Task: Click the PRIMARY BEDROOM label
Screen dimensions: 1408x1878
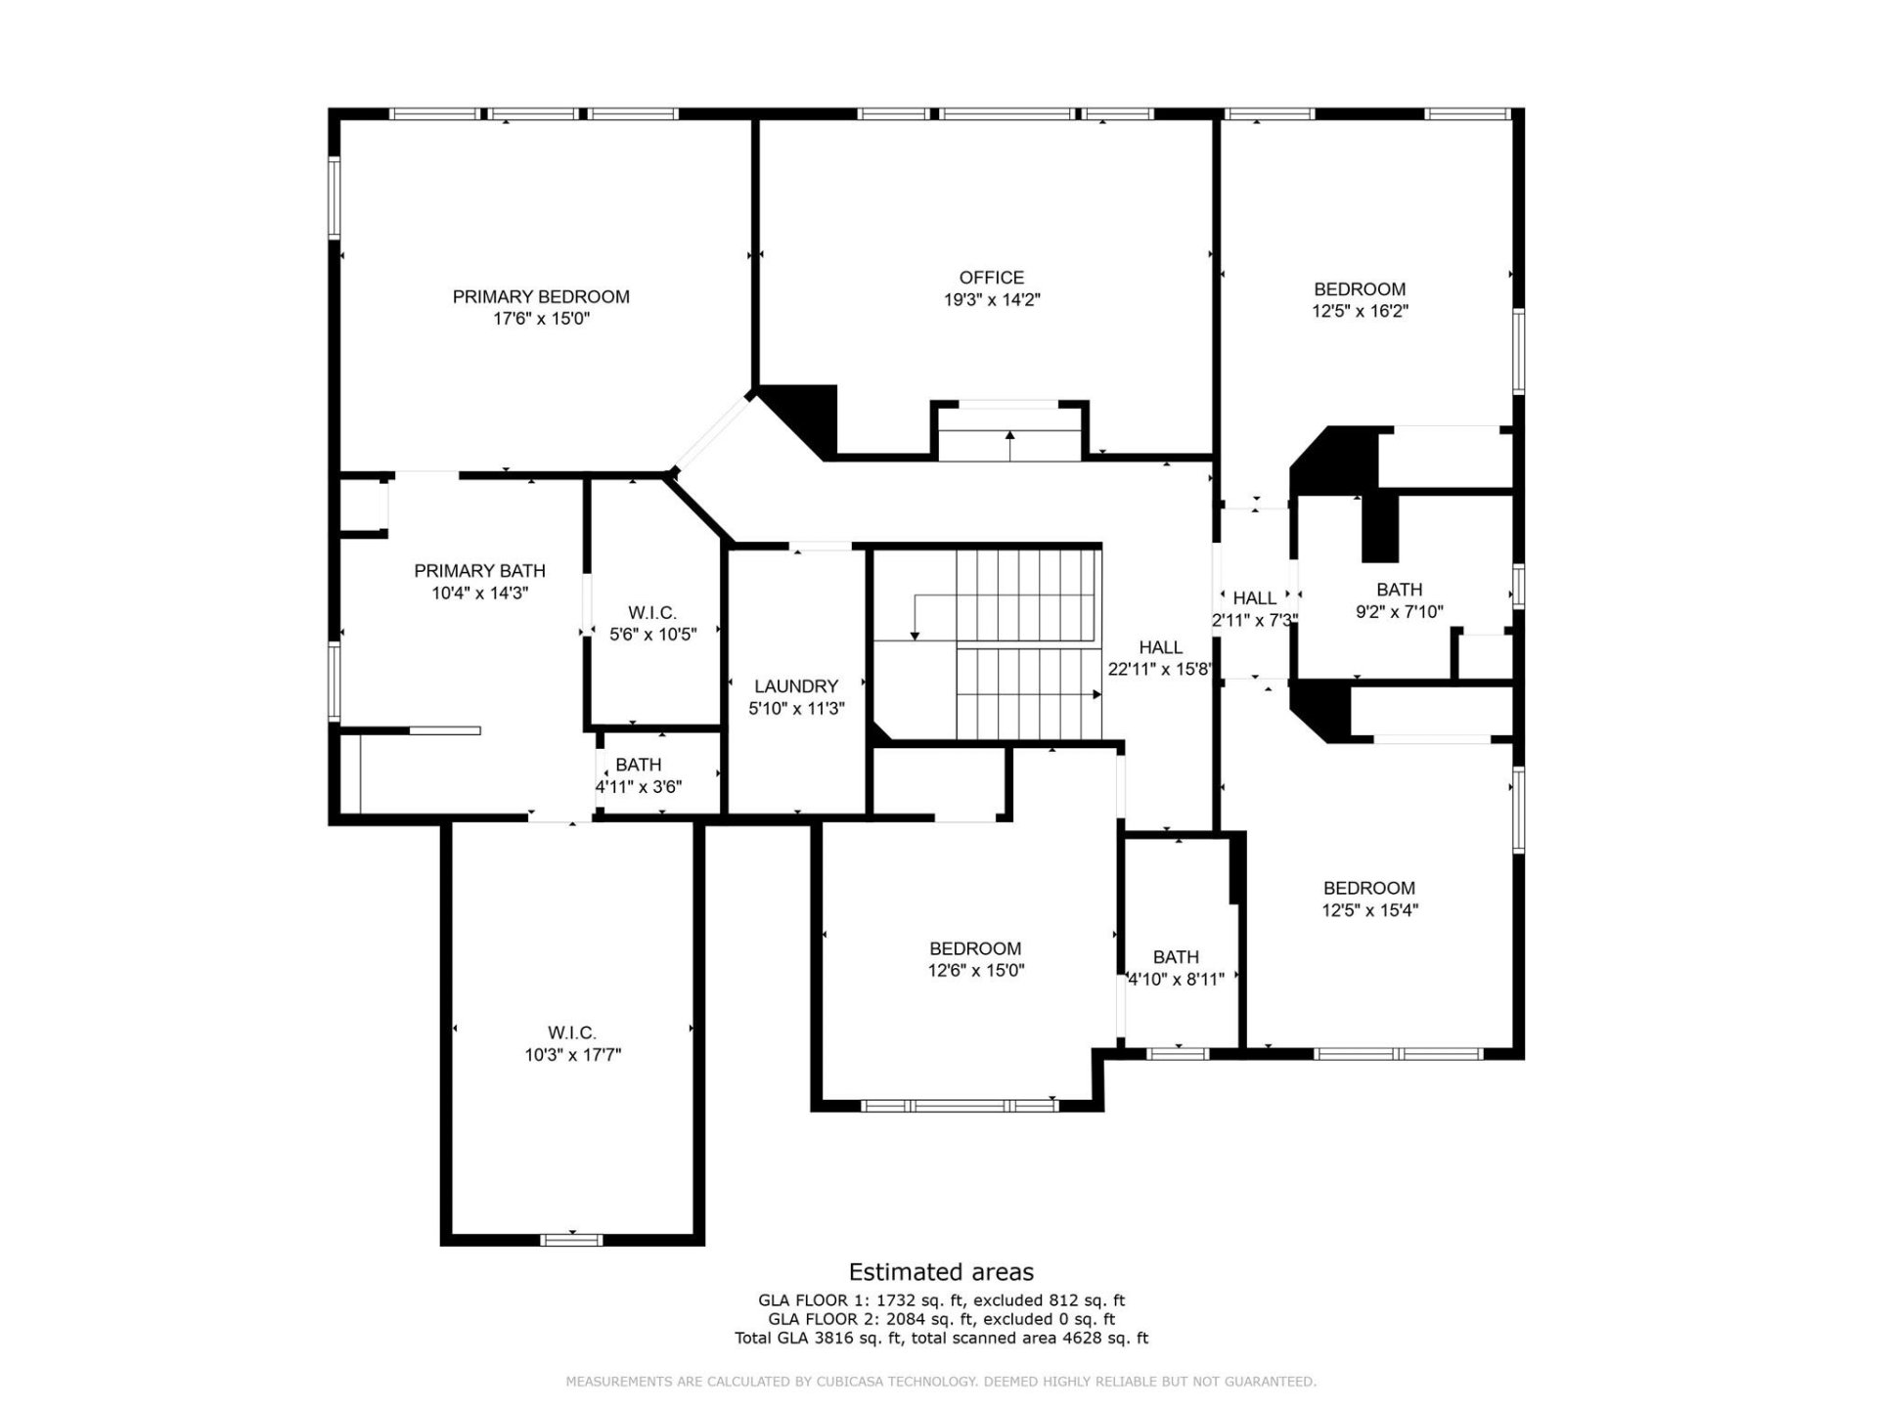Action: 541,296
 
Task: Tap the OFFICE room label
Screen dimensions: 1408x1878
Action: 991,278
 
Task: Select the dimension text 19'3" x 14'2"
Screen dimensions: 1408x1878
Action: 991,300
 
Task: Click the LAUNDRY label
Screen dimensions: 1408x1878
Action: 796,686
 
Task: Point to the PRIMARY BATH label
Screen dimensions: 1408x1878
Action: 479,571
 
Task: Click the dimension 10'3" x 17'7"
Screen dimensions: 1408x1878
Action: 572,1055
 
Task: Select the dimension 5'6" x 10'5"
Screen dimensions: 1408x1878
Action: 652,635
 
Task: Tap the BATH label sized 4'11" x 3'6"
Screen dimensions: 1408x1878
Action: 638,765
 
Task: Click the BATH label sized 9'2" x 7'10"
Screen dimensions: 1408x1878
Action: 1399,590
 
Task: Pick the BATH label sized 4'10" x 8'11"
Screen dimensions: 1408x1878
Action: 1176,957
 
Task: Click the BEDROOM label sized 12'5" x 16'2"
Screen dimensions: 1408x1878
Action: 1360,289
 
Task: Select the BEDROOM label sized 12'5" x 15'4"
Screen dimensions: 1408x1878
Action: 1368,888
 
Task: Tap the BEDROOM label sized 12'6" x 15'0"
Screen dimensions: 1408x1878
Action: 975,948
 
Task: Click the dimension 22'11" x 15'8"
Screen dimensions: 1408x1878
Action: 1160,670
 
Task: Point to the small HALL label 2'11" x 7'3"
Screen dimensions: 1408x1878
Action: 1254,598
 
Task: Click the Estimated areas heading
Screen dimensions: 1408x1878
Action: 941,1272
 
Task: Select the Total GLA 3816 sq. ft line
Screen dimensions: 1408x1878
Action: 941,1338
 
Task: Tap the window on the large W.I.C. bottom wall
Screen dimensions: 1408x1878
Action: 572,1240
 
